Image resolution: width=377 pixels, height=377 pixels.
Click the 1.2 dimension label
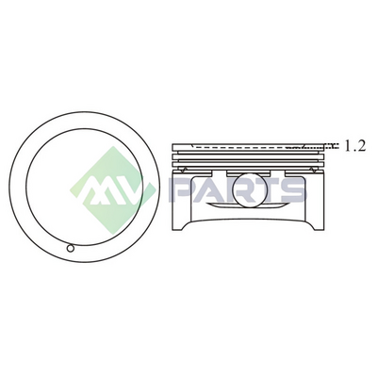click(x=355, y=146)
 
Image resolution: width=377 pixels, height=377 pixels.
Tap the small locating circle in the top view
click(x=71, y=248)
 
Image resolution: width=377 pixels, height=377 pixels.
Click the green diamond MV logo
click(x=112, y=190)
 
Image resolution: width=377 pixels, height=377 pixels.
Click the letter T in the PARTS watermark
click(x=267, y=189)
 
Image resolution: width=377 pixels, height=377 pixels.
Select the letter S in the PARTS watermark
click(x=293, y=189)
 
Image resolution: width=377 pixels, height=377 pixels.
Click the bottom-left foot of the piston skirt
click(x=176, y=229)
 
